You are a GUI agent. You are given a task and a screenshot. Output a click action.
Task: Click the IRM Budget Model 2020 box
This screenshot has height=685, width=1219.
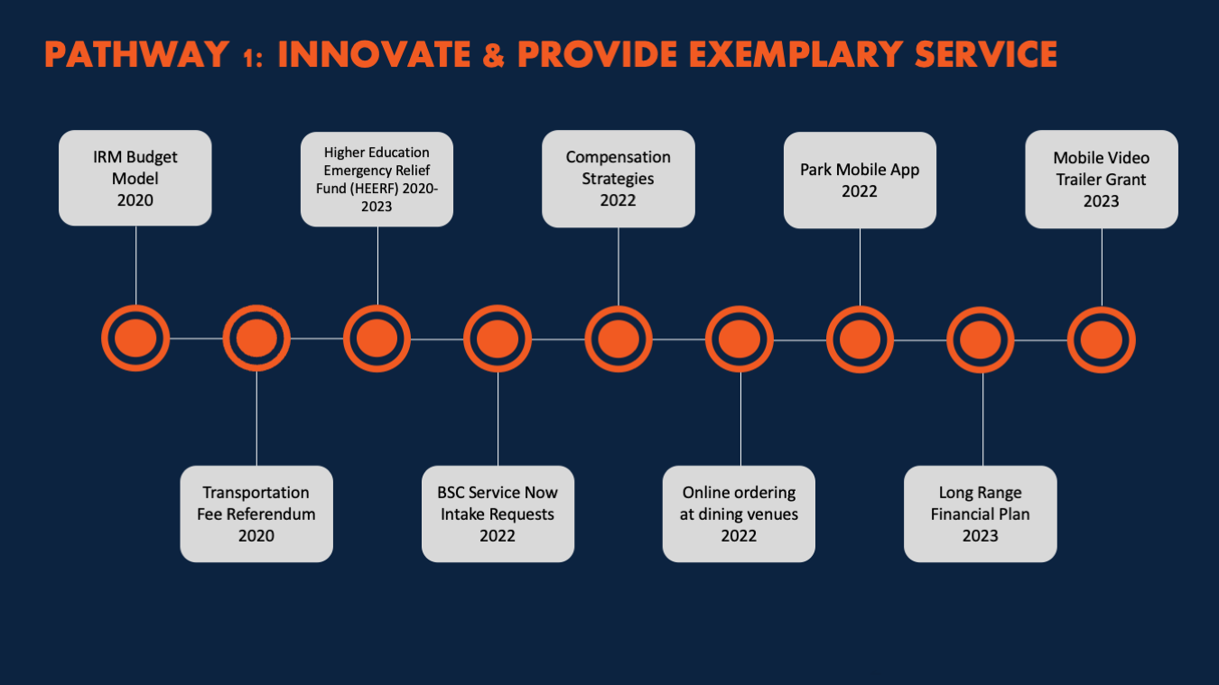click(x=135, y=178)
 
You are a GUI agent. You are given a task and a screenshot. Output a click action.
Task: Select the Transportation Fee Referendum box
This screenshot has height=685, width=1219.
click(x=256, y=514)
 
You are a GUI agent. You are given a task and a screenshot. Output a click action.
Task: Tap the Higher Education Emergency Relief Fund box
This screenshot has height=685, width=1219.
click(x=377, y=179)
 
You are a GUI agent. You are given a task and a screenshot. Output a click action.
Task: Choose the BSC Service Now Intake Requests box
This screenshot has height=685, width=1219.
click(x=498, y=514)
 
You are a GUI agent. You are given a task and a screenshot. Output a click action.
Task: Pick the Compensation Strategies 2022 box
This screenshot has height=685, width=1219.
click(x=619, y=179)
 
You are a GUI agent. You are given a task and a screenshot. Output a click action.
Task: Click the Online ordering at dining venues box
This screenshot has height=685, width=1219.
click(x=739, y=514)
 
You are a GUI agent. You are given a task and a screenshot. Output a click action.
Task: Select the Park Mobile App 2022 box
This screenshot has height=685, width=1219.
click(x=860, y=181)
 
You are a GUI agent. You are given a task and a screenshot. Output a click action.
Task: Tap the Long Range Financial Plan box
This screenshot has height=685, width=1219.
click(x=980, y=514)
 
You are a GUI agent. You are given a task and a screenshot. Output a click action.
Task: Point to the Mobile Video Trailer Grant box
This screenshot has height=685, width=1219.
click(x=1102, y=179)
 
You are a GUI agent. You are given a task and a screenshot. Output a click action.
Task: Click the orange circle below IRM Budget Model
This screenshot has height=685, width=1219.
click(x=135, y=338)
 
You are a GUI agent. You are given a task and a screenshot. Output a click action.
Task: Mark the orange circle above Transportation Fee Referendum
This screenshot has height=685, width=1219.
click(x=256, y=338)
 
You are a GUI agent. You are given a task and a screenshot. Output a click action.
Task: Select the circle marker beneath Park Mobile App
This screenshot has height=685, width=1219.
click(x=860, y=339)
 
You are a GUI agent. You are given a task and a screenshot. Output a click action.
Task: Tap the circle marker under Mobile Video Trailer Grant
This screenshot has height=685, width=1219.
click(x=1102, y=340)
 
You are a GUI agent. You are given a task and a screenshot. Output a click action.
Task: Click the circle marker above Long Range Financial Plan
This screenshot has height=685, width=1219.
click(x=980, y=340)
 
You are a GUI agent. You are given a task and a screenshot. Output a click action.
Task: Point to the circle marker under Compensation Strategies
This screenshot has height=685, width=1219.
click(x=619, y=339)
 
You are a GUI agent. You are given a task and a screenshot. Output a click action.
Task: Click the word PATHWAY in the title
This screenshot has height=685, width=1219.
click(x=136, y=54)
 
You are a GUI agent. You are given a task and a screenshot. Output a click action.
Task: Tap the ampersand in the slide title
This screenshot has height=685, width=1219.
click(x=494, y=54)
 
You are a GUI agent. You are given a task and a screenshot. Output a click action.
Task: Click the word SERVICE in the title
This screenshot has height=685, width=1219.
click(x=986, y=54)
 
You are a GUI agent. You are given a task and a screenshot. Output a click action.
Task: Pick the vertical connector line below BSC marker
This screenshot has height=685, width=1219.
click(x=498, y=419)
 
